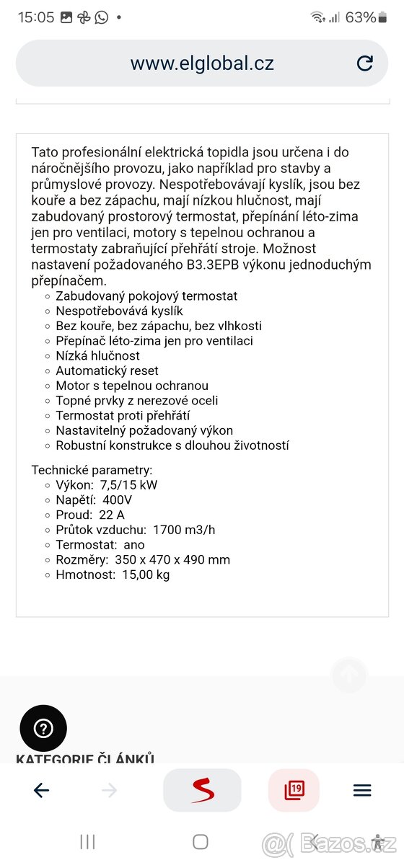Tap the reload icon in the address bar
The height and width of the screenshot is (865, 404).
[x=365, y=63]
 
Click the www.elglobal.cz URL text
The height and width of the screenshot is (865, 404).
[x=202, y=63]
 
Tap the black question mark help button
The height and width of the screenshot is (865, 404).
[x=43, y=728]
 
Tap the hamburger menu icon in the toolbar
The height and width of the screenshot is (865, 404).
[x=362, y=791]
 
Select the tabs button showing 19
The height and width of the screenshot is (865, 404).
[x=294, y=791]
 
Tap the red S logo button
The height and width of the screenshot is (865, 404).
[x=203, y=791]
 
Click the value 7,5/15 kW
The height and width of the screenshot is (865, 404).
[x=129, y=484]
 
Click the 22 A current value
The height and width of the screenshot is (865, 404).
[x=112, y=515]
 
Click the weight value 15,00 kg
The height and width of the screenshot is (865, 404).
[x=146, y=575]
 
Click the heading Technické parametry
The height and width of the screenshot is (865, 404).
[x=92, y=469]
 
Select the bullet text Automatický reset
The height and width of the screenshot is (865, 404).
[x=107, y=371]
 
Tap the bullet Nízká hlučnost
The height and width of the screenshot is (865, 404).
[x=97, y=355]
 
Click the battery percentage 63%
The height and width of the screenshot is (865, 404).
[x=361, y=17]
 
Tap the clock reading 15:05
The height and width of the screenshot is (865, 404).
[x=36, y=17]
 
